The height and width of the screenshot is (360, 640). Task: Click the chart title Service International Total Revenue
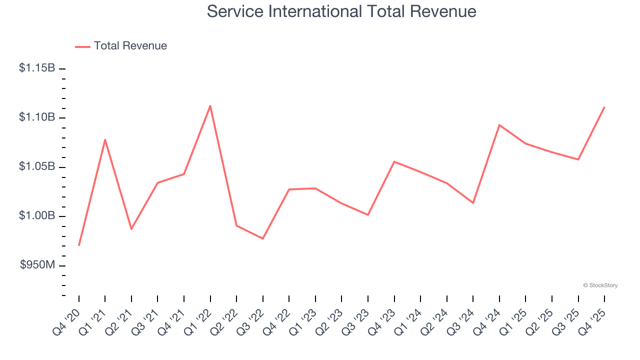click(x=341, y=11)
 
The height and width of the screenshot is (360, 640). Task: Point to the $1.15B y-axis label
click(x=37, y=68)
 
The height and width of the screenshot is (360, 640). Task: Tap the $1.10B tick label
click(x=37, y=117)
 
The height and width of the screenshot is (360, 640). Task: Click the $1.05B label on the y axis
click(x=37, y=166)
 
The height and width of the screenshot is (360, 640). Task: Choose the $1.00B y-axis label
click(x=37, y=215)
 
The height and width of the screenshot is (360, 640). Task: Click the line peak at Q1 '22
click(x=210, y=105)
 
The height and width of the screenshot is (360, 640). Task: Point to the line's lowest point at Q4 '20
click(x=79, y=245)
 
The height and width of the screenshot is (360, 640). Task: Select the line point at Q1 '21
click(x=105, y=139)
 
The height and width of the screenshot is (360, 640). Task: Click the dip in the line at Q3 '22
click(x=262, y=238)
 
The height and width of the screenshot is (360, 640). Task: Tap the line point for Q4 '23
click(x=394, y=161)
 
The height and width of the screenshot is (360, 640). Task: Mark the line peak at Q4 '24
click(x=499, y=125)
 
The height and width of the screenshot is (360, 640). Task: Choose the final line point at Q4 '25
click(x=604, y=107)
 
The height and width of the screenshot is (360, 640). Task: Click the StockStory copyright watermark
click(x=600, y=285)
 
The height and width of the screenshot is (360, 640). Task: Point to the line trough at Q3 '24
click(x=473, y=202)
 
